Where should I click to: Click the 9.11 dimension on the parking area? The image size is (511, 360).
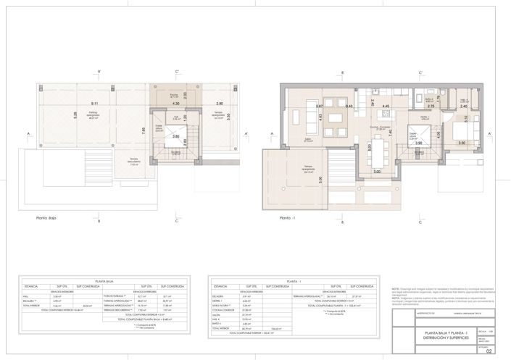[x=96, y=104]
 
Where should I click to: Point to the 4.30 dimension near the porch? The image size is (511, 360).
[x=176, y=104]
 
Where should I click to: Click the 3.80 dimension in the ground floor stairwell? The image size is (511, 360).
[x=175, y=136]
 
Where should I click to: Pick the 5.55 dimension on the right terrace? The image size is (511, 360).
[x=228, y=114]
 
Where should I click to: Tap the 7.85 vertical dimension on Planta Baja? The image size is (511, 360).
[x=146, y=130]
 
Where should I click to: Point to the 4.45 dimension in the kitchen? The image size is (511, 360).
[x=386, y=106]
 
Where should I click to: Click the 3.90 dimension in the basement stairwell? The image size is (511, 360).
[x=419, y=143]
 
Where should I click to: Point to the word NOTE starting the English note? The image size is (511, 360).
[x=395, y=288]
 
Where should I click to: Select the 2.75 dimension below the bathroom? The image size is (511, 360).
[x=431, y=106]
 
